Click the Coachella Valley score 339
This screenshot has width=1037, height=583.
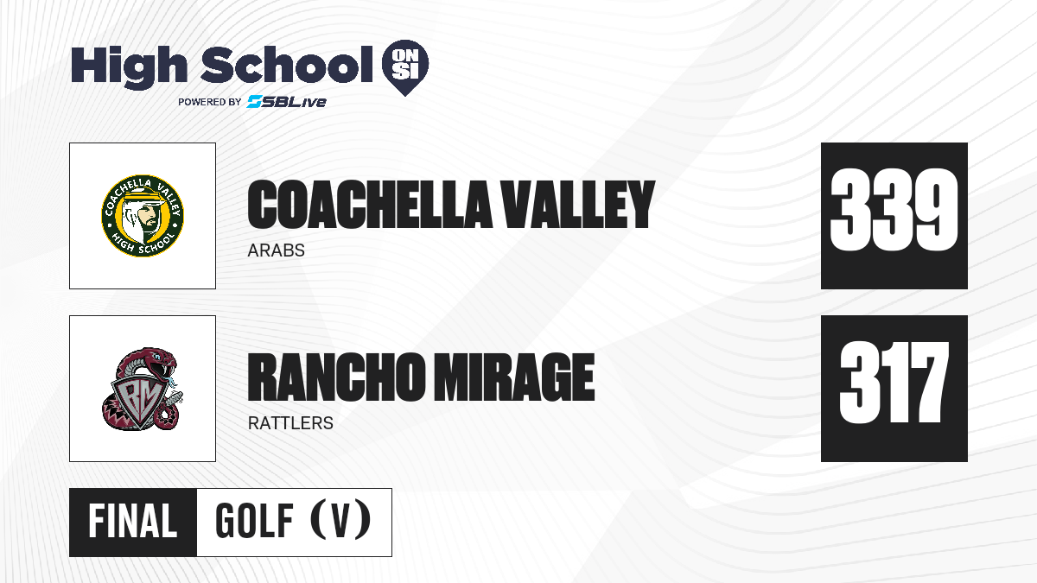point(894,210)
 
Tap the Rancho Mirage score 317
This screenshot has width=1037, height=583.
point(894,383)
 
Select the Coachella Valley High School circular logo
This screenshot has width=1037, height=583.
point(143,216)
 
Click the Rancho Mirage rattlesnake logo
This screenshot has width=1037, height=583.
point(143,389)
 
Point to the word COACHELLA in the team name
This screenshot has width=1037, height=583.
point(370,205)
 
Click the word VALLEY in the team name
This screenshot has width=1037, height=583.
point(579,205)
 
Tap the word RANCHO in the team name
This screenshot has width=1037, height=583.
point(336,377)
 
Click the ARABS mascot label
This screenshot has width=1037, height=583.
point(276,250)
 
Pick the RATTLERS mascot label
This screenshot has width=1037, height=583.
point(290,423)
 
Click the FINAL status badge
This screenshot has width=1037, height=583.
point(133,522)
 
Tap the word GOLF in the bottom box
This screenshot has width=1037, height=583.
point(254,521)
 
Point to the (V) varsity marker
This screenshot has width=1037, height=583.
point(340,521)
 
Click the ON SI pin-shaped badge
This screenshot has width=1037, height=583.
point(405,67)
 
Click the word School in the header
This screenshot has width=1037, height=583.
point(287,65)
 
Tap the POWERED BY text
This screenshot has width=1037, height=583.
point(209,102)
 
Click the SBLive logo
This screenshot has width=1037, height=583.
point(286,102)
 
